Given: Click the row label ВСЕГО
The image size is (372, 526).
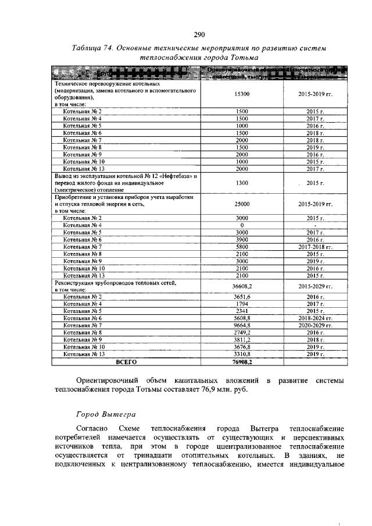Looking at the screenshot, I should (x=126, y=361).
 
